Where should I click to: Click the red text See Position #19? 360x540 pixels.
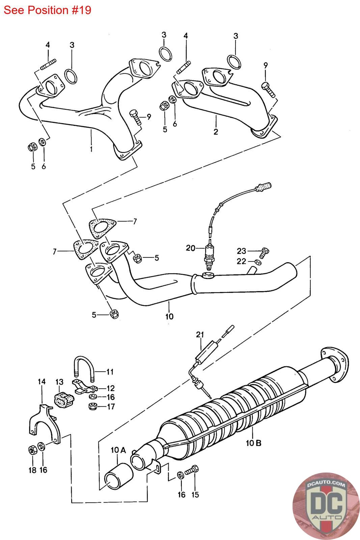pos(48,10)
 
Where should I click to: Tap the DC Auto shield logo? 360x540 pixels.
pos(326,506)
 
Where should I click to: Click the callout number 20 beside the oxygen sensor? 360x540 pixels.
pos(190,248)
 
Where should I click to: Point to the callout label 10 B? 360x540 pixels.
pos(253,442)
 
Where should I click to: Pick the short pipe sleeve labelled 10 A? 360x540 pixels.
pos(118,476)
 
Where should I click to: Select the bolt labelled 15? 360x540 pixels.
pos(192,470)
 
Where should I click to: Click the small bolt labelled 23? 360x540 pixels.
pos(265,252)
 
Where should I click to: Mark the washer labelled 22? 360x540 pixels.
pos(257,262)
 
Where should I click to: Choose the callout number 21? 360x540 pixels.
pos(200,334)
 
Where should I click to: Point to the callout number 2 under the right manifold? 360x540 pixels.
pos(216,132)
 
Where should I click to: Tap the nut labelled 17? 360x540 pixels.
pos(92,406)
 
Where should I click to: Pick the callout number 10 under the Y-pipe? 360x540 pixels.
pos(169,316)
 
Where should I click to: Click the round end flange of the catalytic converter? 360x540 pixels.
pos(335,365)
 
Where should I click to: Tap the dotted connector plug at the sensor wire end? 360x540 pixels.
pos(264,187)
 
